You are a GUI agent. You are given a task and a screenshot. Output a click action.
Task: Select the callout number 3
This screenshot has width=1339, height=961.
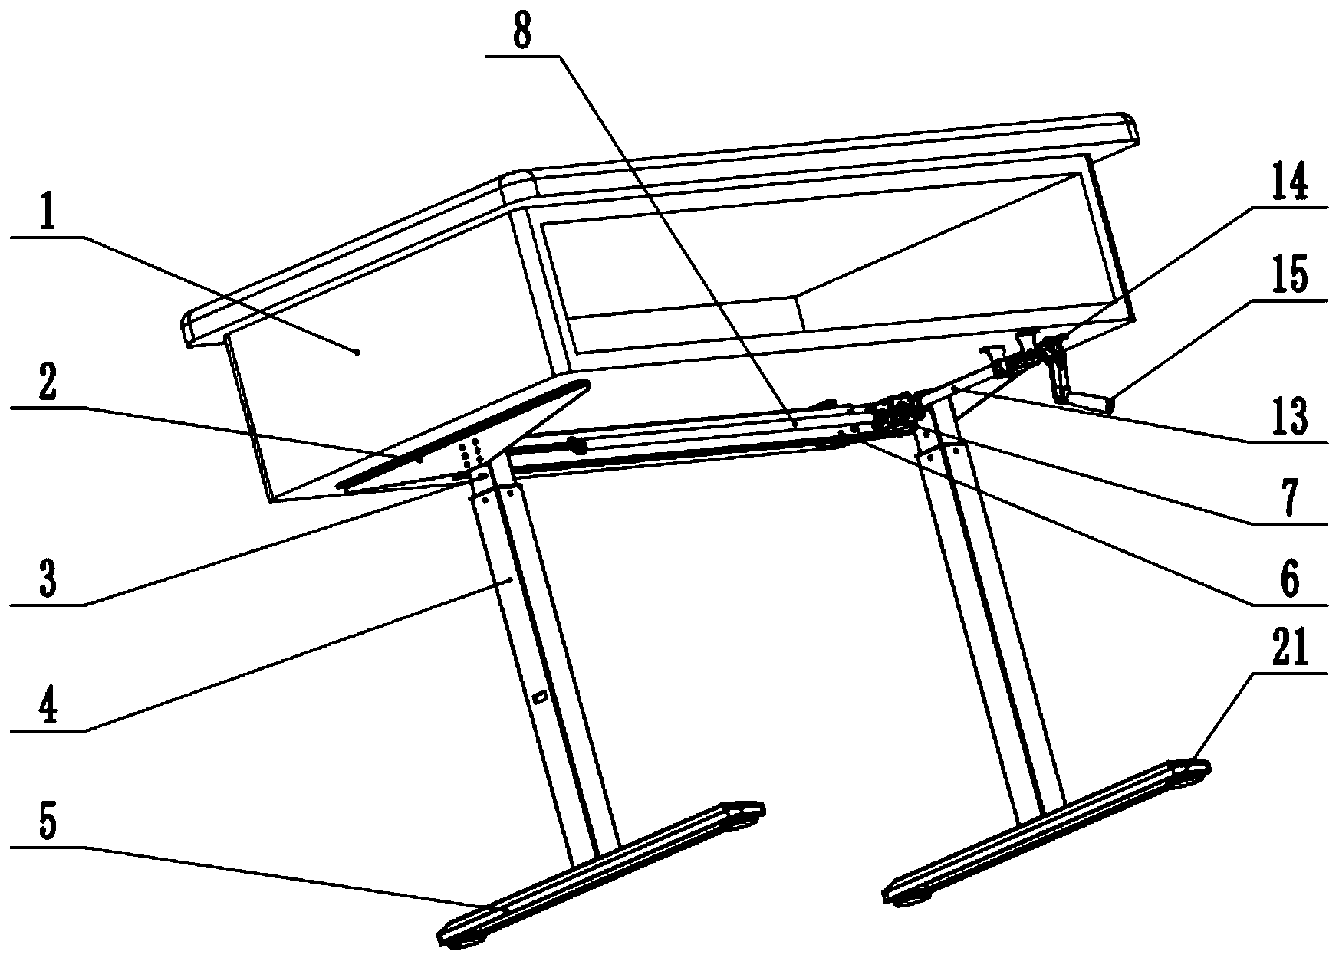point(48,580)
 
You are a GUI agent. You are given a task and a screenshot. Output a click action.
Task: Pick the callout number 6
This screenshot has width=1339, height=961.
point(1290,579)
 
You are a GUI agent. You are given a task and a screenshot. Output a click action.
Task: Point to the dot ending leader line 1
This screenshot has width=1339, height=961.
point(357,352)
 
